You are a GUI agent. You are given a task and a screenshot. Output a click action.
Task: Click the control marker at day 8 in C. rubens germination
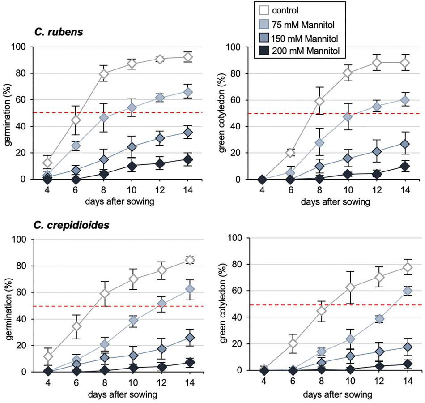104,74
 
